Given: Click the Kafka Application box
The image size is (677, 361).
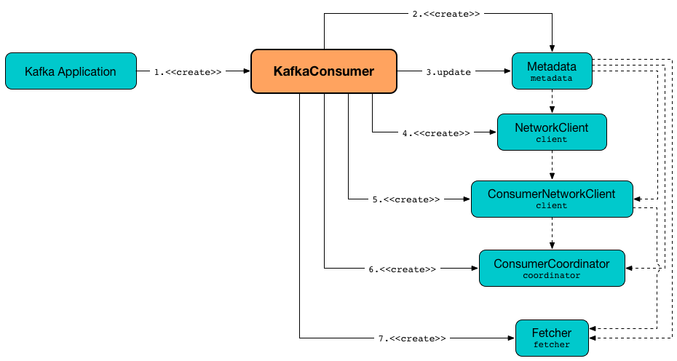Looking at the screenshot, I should [x=71, y=71].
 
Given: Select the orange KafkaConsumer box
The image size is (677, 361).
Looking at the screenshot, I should [x=323, y=71].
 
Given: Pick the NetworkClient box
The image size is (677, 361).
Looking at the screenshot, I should [x=551, y=132].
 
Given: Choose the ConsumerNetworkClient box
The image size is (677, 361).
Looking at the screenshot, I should [x=551, y=199].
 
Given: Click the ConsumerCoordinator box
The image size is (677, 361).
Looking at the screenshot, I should [x=551, y=268].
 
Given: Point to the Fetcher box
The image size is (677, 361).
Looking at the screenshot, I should [x=551, y=338].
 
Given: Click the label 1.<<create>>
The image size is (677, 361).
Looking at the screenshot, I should [x=188, y=72].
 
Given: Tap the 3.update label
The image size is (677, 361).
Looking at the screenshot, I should [x=448, y=72].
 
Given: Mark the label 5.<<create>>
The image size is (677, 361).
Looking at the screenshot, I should [x=406, y=199].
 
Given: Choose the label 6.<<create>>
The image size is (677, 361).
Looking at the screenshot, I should [x=402, y=269].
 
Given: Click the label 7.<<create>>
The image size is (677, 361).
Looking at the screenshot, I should [x=412, y=338].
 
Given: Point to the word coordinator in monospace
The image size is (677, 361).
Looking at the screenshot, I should [x=551, y=276].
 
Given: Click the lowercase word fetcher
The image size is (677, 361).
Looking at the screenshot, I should [x=551, y=345].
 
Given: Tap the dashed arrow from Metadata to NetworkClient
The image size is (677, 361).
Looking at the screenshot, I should [x=553, y=101].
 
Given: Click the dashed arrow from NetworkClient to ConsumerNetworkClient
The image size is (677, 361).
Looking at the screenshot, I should [x=553, y=165].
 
